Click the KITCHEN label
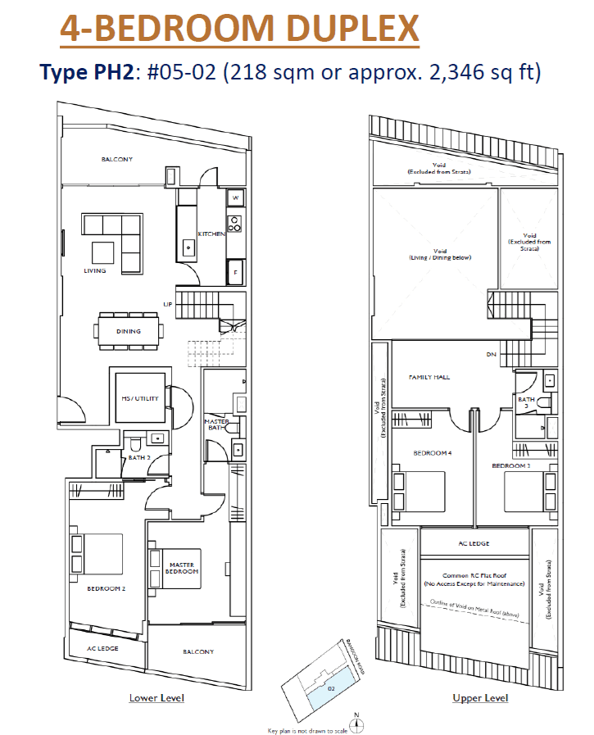pyautogui.click(x=211, y=234)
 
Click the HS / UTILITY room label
pyautogui.click(x=141, y=399)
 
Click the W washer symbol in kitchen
pyautogui.click(x=235, y=198)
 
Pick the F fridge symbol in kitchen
pyautogui.click(x=235, y=271)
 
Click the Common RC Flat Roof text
pyautogui.click(x=474, y=576)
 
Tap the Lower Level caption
pyautogui.click(x=156, y=698)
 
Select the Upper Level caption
pyautogui.click(x=479, y=698)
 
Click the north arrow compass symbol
pyautogui.click(x=356, y=721)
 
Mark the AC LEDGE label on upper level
pyautogui.click(x=474, y=542)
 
